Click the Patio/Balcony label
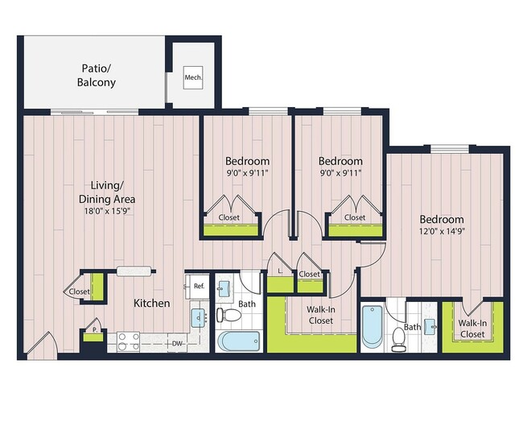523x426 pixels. coord(97,76)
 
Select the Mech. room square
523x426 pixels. coord(193,78)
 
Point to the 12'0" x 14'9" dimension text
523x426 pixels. coord(441,233)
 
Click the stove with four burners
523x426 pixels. coord(129,337)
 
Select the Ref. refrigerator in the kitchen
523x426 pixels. coord(198,286)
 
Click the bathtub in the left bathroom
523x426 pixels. coord(238,341)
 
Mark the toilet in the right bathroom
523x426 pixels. coord(399,340)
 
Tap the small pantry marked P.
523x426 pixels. coord(94,330)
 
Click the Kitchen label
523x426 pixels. coord(151,304)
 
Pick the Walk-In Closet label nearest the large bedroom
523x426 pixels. coord(472,329)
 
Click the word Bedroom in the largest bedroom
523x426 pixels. coord(441,220)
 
